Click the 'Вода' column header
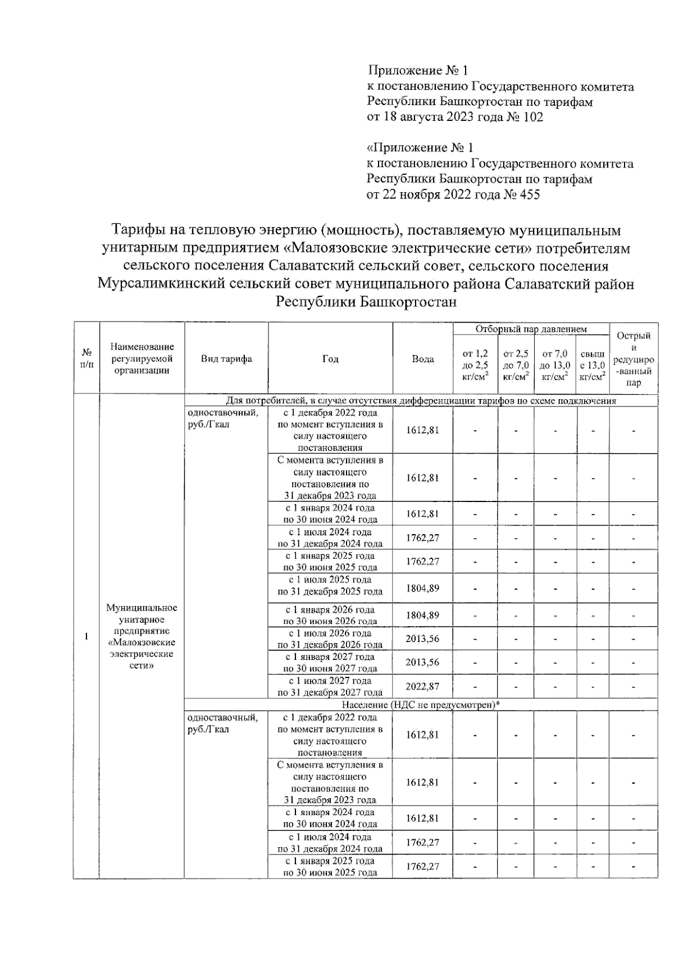[x=422, y=359]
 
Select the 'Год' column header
[x=330, y=359]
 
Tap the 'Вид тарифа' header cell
[x=226, y=359]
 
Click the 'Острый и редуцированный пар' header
[x=634, y=359]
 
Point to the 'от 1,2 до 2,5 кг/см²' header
[x=475, y=365]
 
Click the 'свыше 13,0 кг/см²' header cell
[x=593, y=365]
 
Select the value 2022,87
[x=422, y=686]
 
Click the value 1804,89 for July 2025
[x=422, y=588]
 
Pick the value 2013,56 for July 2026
[x=422, y=639]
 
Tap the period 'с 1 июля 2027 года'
[x=330, y=681]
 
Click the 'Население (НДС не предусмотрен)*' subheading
[x=421, y=705]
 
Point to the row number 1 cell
[x=86, y=636]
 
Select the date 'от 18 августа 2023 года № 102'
[x=454, y=117]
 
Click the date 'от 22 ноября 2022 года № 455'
[x=453, y=195]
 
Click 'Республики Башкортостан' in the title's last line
[x=366, y=302]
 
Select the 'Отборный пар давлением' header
[x=531, y=329]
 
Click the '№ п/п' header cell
[x=86, y=358]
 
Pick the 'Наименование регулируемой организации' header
[x=142, y=358]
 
